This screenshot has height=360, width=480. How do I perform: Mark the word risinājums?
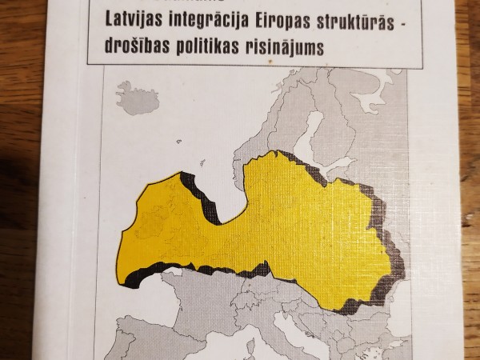(292, 47)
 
